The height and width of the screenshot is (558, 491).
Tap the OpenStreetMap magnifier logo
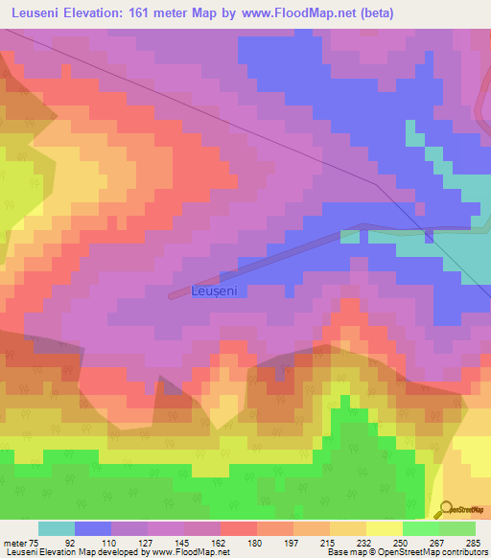446,509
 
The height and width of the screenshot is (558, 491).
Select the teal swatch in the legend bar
57,528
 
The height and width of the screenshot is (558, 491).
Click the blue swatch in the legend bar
93,528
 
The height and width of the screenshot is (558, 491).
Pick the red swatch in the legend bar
239,528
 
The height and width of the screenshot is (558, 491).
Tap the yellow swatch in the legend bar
385,528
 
